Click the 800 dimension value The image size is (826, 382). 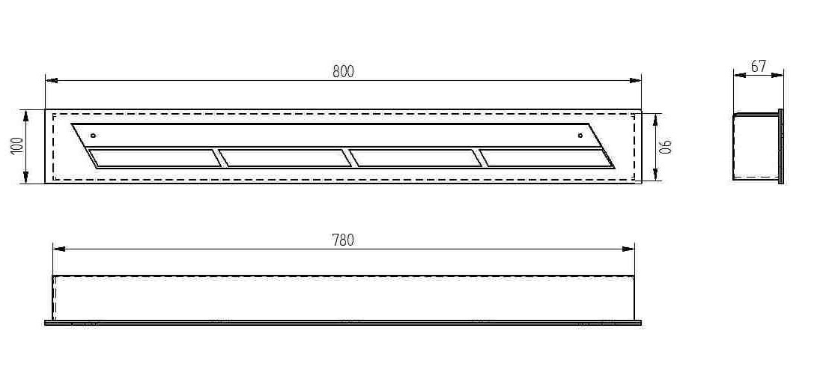point(343,72)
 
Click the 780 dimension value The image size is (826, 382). point(343,240)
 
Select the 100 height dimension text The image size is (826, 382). point(16,146)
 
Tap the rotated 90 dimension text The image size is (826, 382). point(666,146)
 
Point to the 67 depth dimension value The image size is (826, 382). point(758,66)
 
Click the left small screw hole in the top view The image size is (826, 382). point(92,136)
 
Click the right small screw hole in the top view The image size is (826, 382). point(580,136)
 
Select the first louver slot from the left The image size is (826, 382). point(154,158)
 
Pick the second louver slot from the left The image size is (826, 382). point(285,158)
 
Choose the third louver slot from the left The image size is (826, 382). point(416,158)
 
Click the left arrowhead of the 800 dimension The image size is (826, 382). point(50,79)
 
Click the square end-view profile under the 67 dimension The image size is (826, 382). point(755,146)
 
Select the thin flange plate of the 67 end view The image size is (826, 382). point(781,146)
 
